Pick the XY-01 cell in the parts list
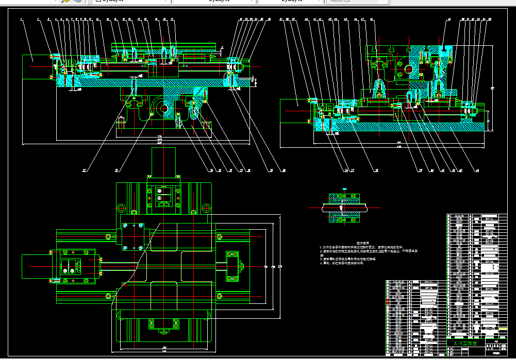[490, 327]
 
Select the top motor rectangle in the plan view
[163, 161]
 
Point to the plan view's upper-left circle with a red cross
[122, 208]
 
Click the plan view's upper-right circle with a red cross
[206, 208]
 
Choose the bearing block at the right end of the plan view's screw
[234, 266]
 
